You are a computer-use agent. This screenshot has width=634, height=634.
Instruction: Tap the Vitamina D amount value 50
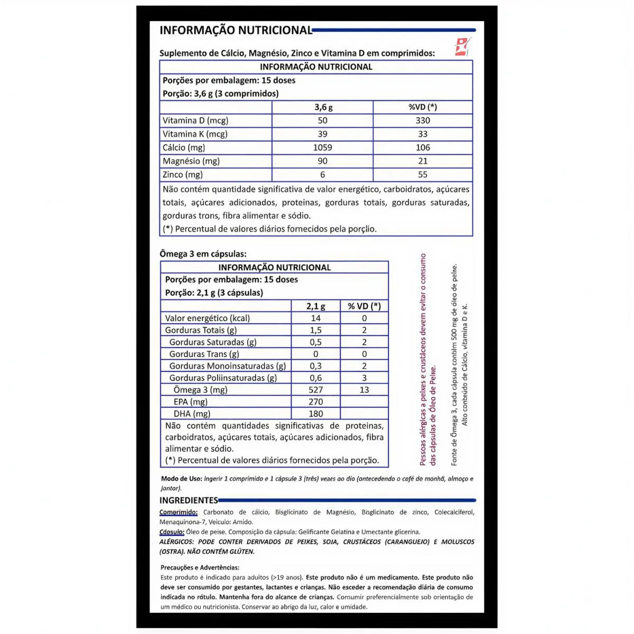[322, 120]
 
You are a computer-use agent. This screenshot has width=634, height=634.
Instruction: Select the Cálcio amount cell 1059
[322, 147]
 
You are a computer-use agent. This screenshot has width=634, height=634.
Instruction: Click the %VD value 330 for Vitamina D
[423, 120]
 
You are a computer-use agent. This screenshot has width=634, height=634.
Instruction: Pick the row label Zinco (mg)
[183, 175]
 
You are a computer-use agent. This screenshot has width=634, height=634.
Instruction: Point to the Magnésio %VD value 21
[423, 161]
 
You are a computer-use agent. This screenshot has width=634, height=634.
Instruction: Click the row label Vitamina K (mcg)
[195, 134]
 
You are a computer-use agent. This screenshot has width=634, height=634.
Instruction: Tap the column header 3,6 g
[323, 107]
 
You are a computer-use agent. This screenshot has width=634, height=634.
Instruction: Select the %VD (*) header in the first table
[423, 107]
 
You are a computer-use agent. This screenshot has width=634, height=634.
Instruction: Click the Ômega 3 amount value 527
[315, 390]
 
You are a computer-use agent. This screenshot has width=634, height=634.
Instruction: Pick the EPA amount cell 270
[315, 402]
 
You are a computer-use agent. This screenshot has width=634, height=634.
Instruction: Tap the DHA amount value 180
[315, 414]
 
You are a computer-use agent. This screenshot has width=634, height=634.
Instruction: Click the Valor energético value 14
[315, 319]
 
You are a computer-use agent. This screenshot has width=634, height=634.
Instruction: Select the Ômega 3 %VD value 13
[364, 390]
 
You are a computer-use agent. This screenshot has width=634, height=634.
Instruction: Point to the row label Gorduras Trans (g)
[204, 354]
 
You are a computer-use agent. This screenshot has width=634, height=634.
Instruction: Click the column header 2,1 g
[315, 306]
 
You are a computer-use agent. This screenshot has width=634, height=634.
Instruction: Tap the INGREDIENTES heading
[189, 500]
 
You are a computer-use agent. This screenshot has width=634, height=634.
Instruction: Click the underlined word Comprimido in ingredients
[179, 512]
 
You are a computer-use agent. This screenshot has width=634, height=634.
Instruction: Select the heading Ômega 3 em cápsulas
[203, 254]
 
